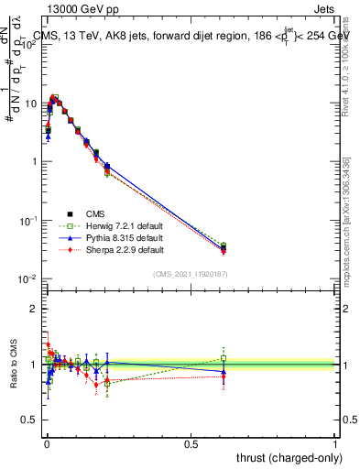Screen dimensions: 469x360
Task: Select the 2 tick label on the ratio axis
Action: click(34, 309)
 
